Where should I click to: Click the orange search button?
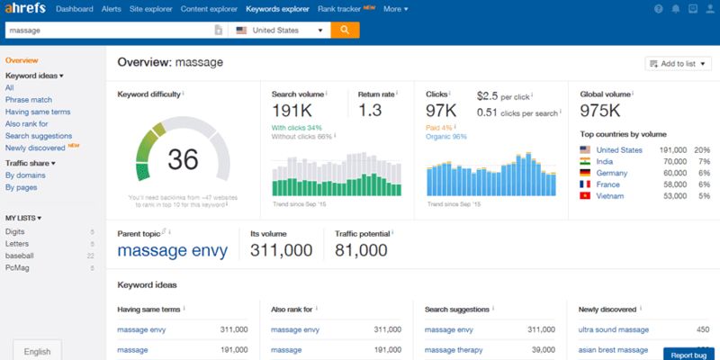click(x=345, y=30)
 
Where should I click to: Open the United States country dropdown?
click(x=279, y=30)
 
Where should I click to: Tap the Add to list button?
click(x=677, y=63)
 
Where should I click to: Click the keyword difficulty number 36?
click(x=183, y=159)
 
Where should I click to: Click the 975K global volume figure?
click(x=601, y=110)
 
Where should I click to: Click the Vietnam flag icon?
click(x=585, y=195)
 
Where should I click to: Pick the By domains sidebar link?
click(x=24, y=175)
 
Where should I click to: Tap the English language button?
click(x=38, y=351)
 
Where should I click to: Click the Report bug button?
click(x=689, y=353)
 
